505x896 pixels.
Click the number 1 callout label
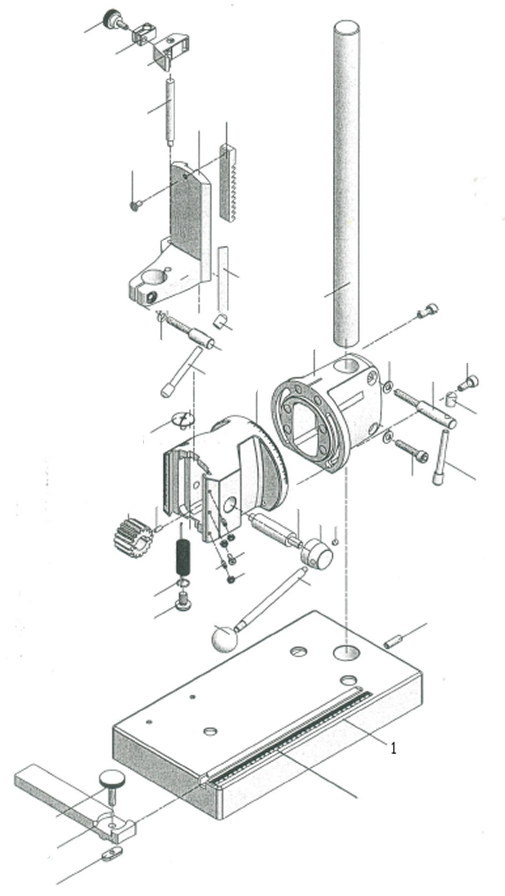pyautogui.click(x=393, y=748)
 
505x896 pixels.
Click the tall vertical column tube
pyautogui.click(x=347, y=182)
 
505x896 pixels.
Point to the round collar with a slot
pyautogui.click(x=317, y=552)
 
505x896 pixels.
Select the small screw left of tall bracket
pyautogui.click(x=135, y=205)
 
